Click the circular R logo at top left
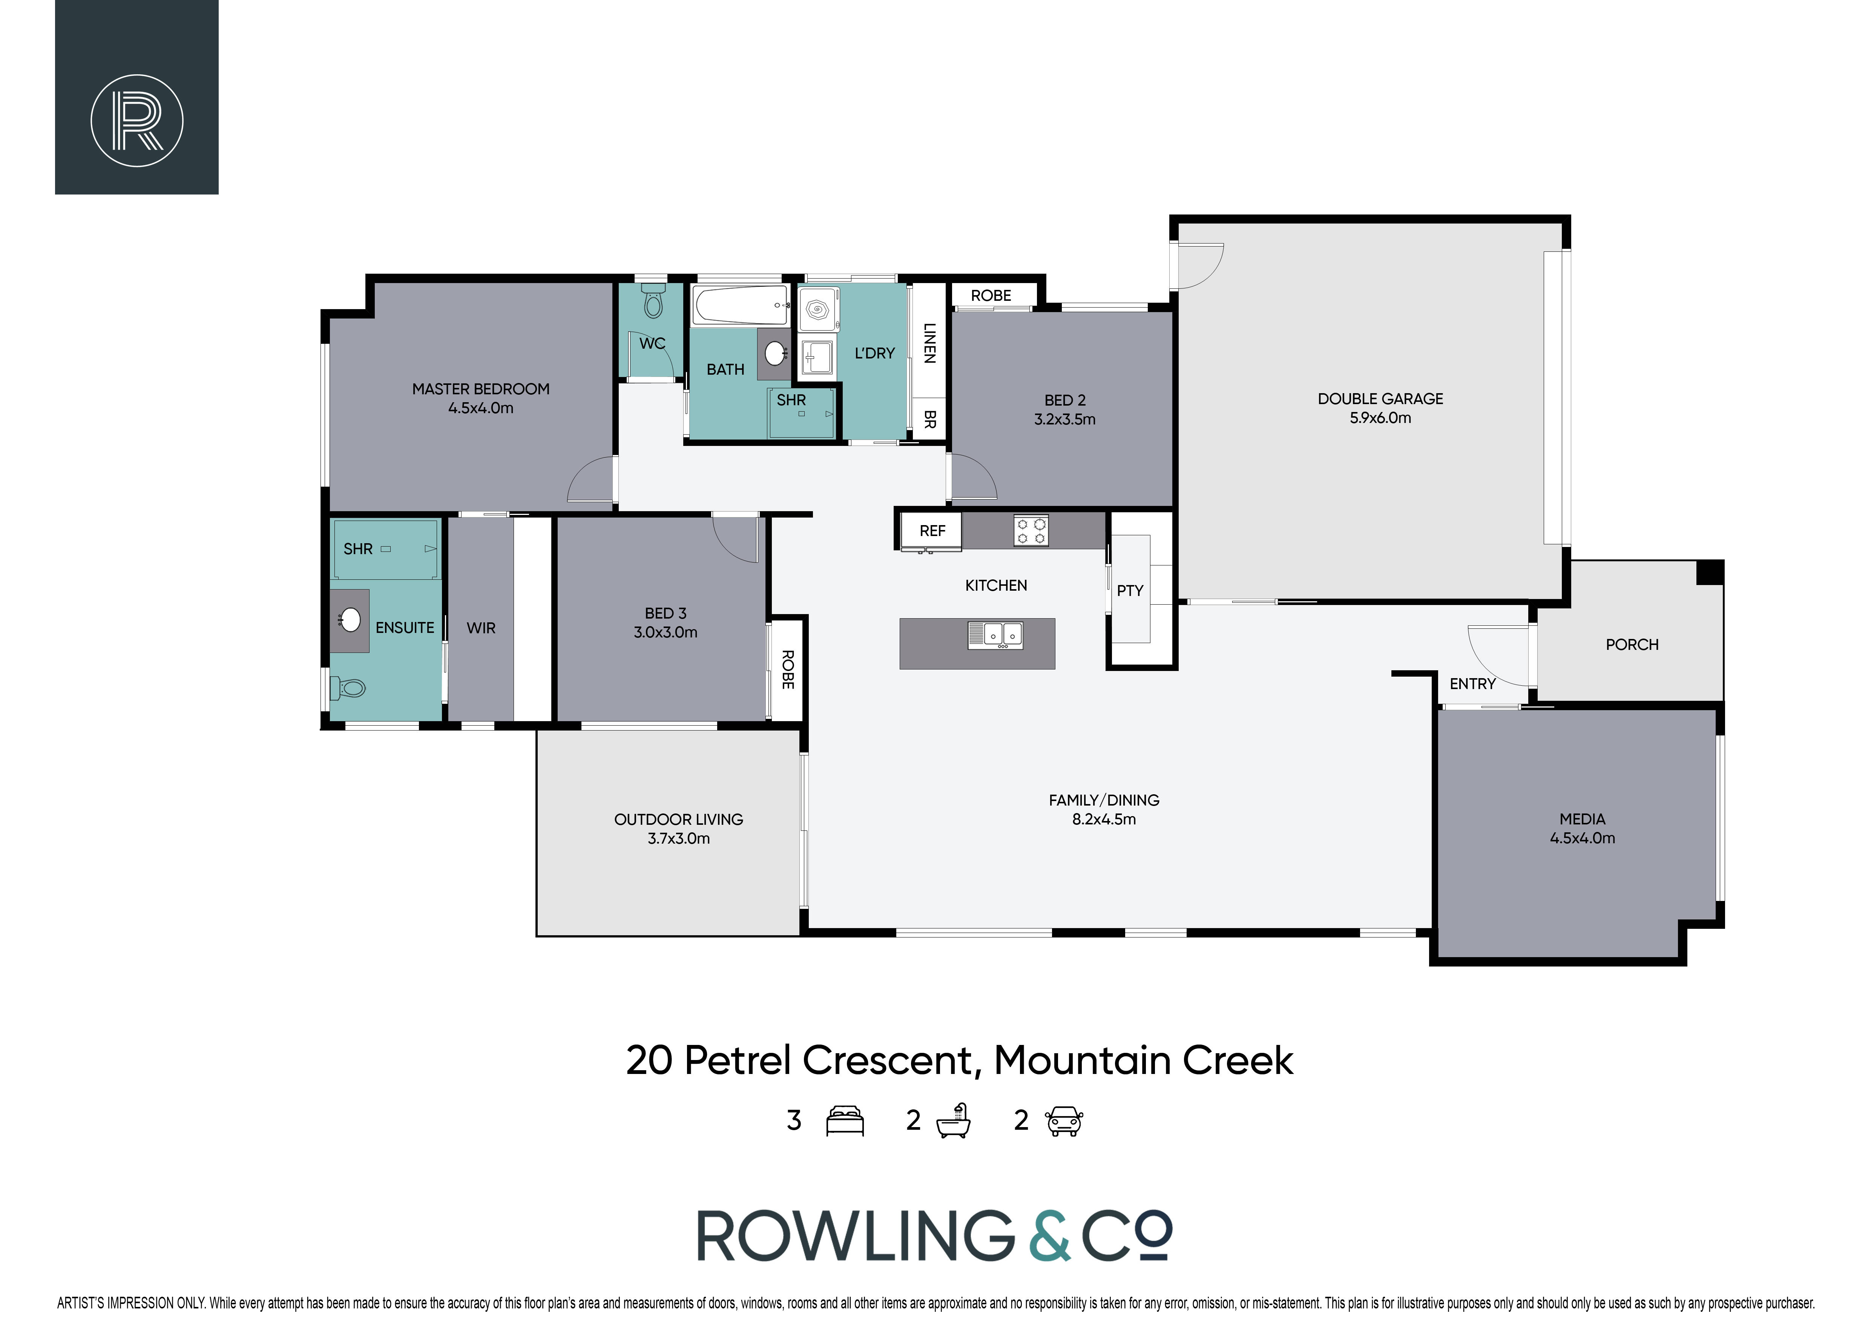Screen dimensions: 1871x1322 pos(137,121)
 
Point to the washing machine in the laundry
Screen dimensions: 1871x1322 pos(817,309)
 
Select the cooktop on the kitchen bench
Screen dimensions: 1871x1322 pos(1031,530)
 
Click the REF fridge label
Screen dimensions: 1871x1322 pos(932,531)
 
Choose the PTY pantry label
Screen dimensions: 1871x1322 pos(1130,591)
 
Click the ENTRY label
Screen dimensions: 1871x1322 pos(1472,684)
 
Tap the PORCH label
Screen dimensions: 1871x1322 pos(1632,644)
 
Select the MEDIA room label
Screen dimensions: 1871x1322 pos(1583,829)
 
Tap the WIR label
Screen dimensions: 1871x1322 pos(481,628)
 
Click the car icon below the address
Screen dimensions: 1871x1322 pos(1064,1121)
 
